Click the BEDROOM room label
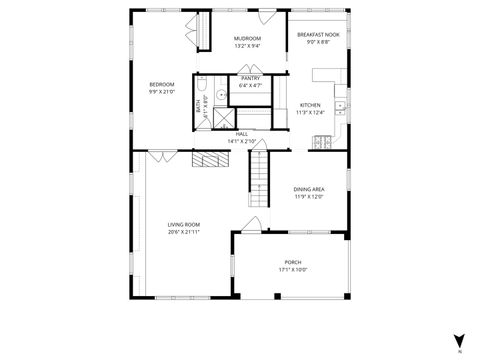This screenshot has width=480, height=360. (x=162, y=84)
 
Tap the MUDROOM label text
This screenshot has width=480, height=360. (x=247, y=39)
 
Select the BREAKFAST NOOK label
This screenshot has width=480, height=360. (x=318, y=35)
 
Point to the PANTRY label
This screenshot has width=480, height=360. (x=250, y=78)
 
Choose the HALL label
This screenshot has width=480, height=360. (x=242, y=134)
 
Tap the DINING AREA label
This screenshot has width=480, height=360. (x=309, y=189)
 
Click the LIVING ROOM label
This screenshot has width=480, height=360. (x=184, y=225)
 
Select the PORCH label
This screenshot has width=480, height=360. (x=292, y=262)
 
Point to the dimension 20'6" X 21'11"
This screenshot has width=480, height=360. (x=184, y=232)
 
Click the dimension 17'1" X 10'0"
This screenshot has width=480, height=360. (x=292, y=269)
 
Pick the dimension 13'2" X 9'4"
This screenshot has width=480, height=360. (x=247, y=46)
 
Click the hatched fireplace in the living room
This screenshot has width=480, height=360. (x=211, y=160)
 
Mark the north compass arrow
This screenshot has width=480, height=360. (x=458, y=338)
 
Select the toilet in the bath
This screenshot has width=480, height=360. (x=200, y=83)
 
